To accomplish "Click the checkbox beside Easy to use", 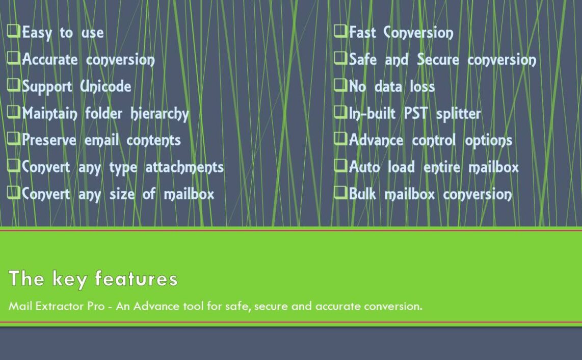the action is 14,31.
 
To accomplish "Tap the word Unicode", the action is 106,86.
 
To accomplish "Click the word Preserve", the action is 49,140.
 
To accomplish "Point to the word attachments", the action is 184,167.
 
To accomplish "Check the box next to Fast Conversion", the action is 340,31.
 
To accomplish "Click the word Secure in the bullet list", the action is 438,60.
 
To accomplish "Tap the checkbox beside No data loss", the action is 340,85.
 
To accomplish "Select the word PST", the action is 416,113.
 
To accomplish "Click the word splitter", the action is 458,114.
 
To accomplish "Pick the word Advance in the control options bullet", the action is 376,140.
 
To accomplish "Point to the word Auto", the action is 364,167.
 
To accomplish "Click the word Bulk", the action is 362,194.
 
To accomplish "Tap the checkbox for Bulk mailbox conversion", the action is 340,192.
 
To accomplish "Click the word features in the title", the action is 136,278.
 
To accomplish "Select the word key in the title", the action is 70,279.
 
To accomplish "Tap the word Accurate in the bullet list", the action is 50,60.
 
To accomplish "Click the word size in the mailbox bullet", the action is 122,194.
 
